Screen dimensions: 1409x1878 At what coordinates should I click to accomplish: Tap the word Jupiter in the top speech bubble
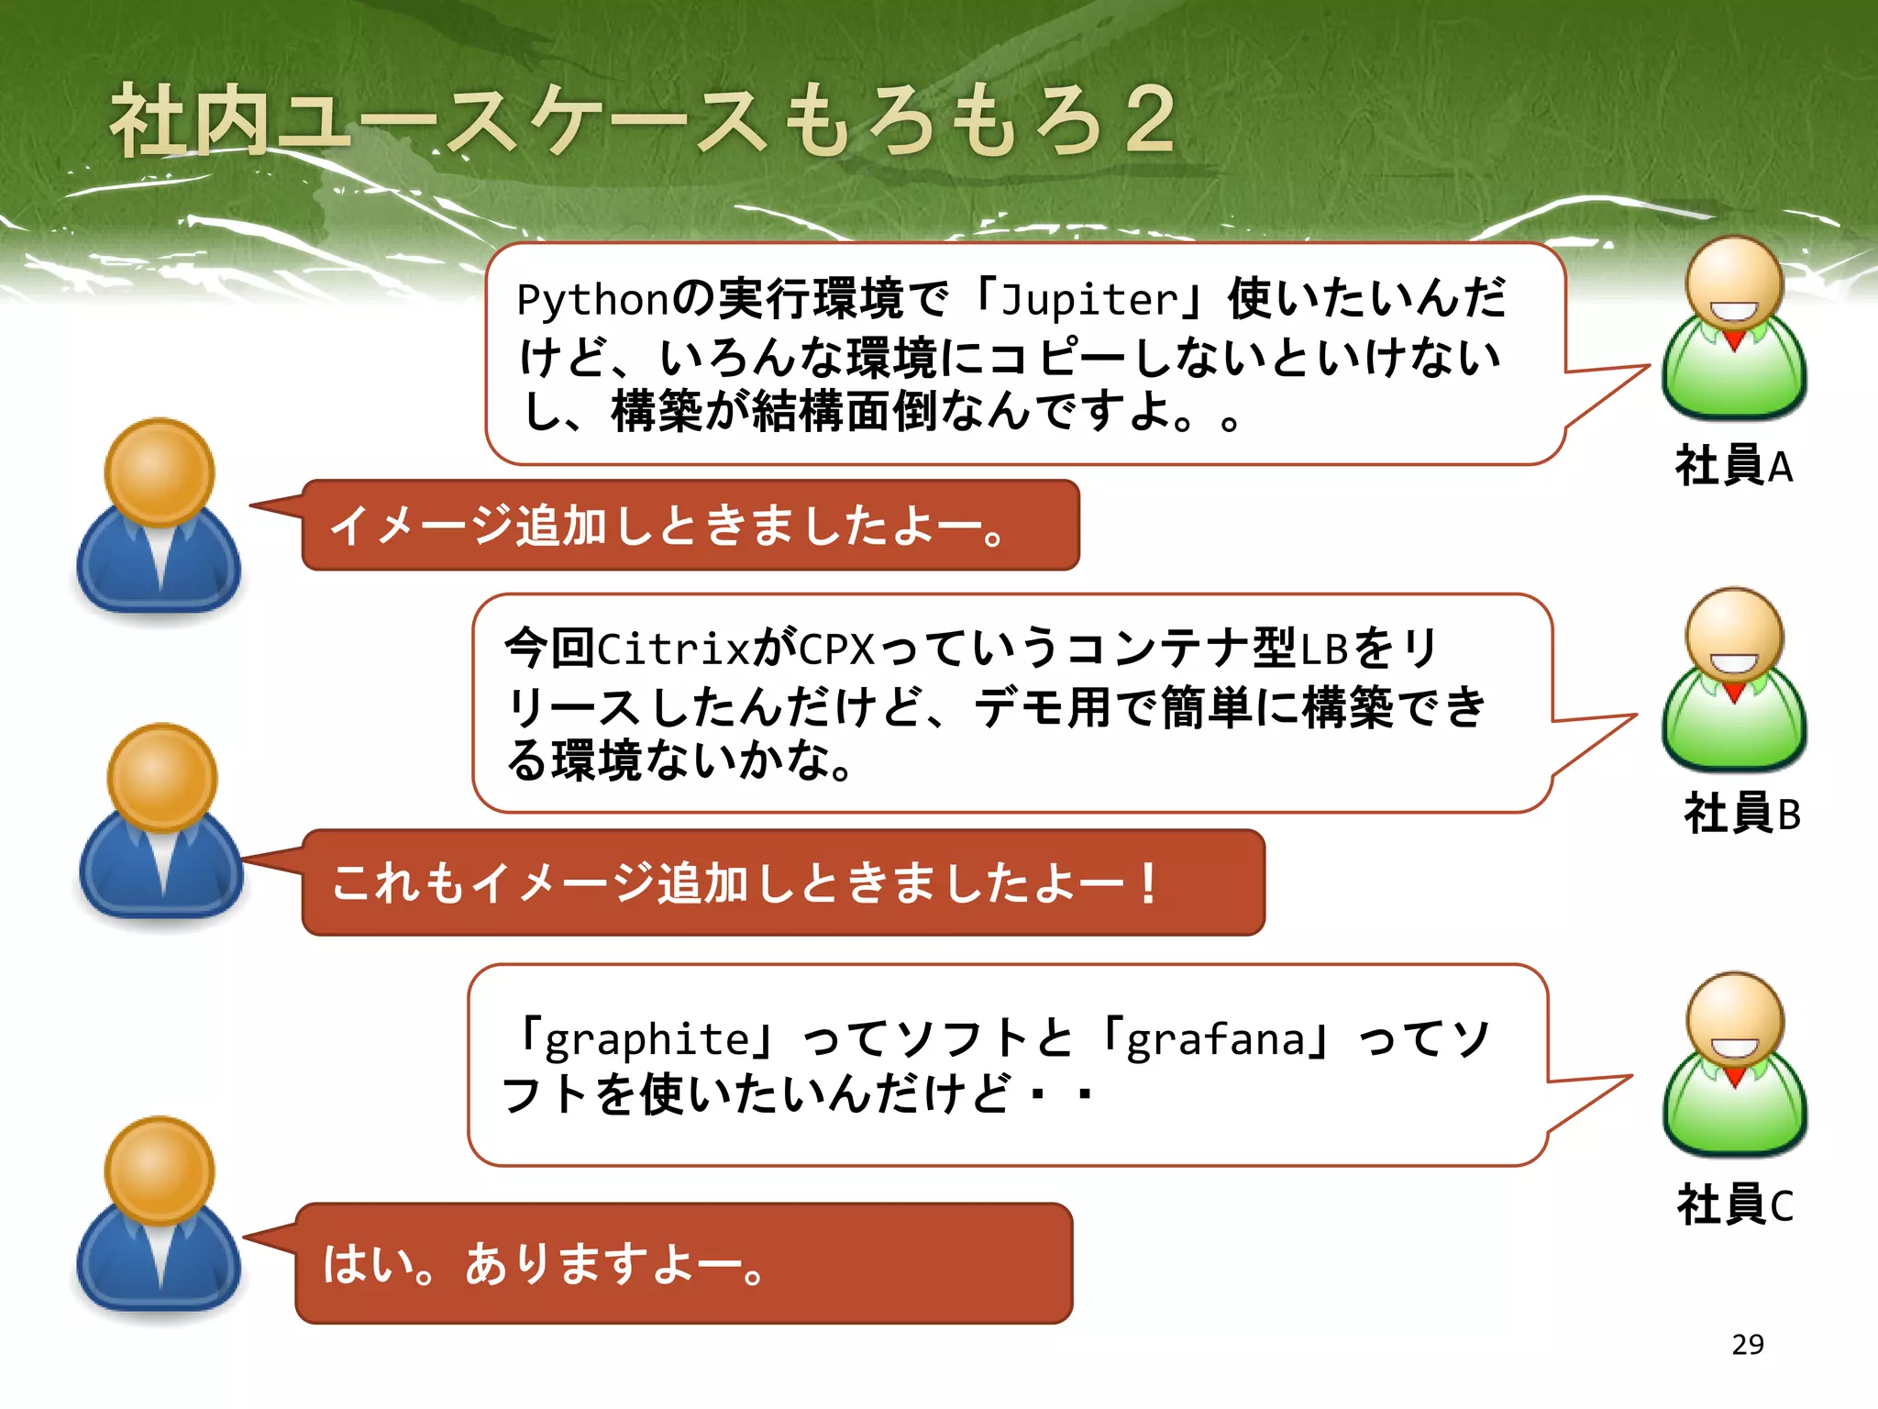pyautogui.click(x=1088, y=300)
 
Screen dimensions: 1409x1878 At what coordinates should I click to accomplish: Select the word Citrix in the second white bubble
pyautogui.click(x=674, y=649)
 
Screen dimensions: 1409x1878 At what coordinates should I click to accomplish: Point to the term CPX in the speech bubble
pyautogui.click(x=836, y=649)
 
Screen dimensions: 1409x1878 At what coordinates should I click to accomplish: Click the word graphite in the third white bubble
pyautogui.click(x=647, y=1039)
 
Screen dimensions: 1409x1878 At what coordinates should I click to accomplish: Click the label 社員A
pyautogui.click(x=1732, y=466)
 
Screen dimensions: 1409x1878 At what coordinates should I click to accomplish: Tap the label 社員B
pyautogui.click(x=1741, y=814)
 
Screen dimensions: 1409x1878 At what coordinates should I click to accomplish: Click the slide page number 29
pyautogui.click(x=1748, y=1344)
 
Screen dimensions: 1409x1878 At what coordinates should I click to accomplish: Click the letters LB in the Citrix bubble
pyautogui.click(x=1323, y=649)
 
